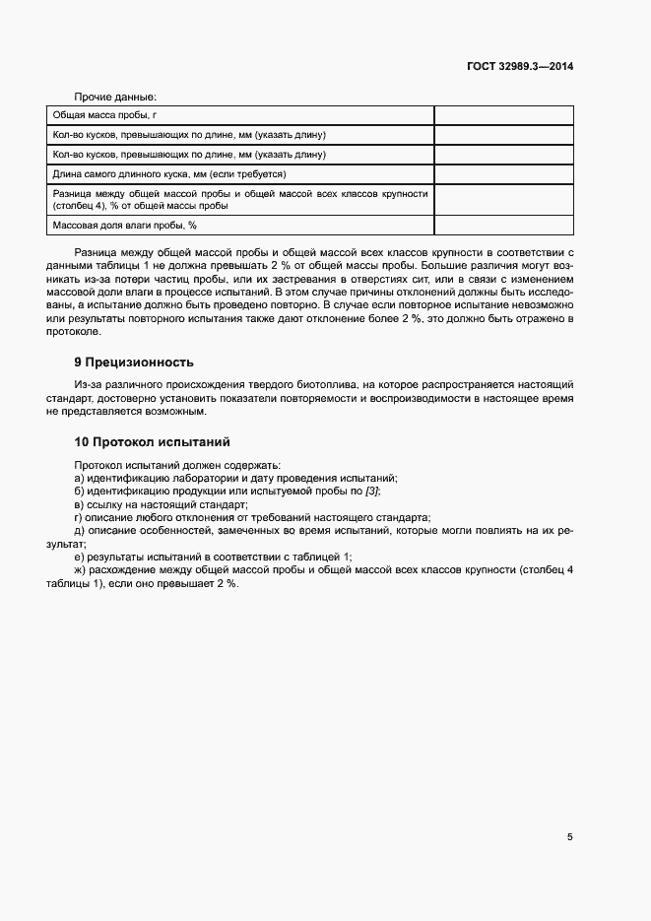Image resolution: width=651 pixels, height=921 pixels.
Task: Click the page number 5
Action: pos(570,836)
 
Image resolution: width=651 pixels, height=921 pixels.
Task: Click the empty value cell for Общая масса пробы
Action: pos(503,115)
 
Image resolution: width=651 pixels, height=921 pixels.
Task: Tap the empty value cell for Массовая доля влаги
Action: pos(503,226)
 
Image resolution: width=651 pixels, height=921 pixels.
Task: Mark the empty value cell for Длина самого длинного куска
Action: pos(503,173)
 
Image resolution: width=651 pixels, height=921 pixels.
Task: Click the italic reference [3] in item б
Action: pos(371,491)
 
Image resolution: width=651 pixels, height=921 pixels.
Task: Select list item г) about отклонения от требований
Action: pos(252,516)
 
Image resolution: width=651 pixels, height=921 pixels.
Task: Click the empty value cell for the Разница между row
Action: pos(503,200)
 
